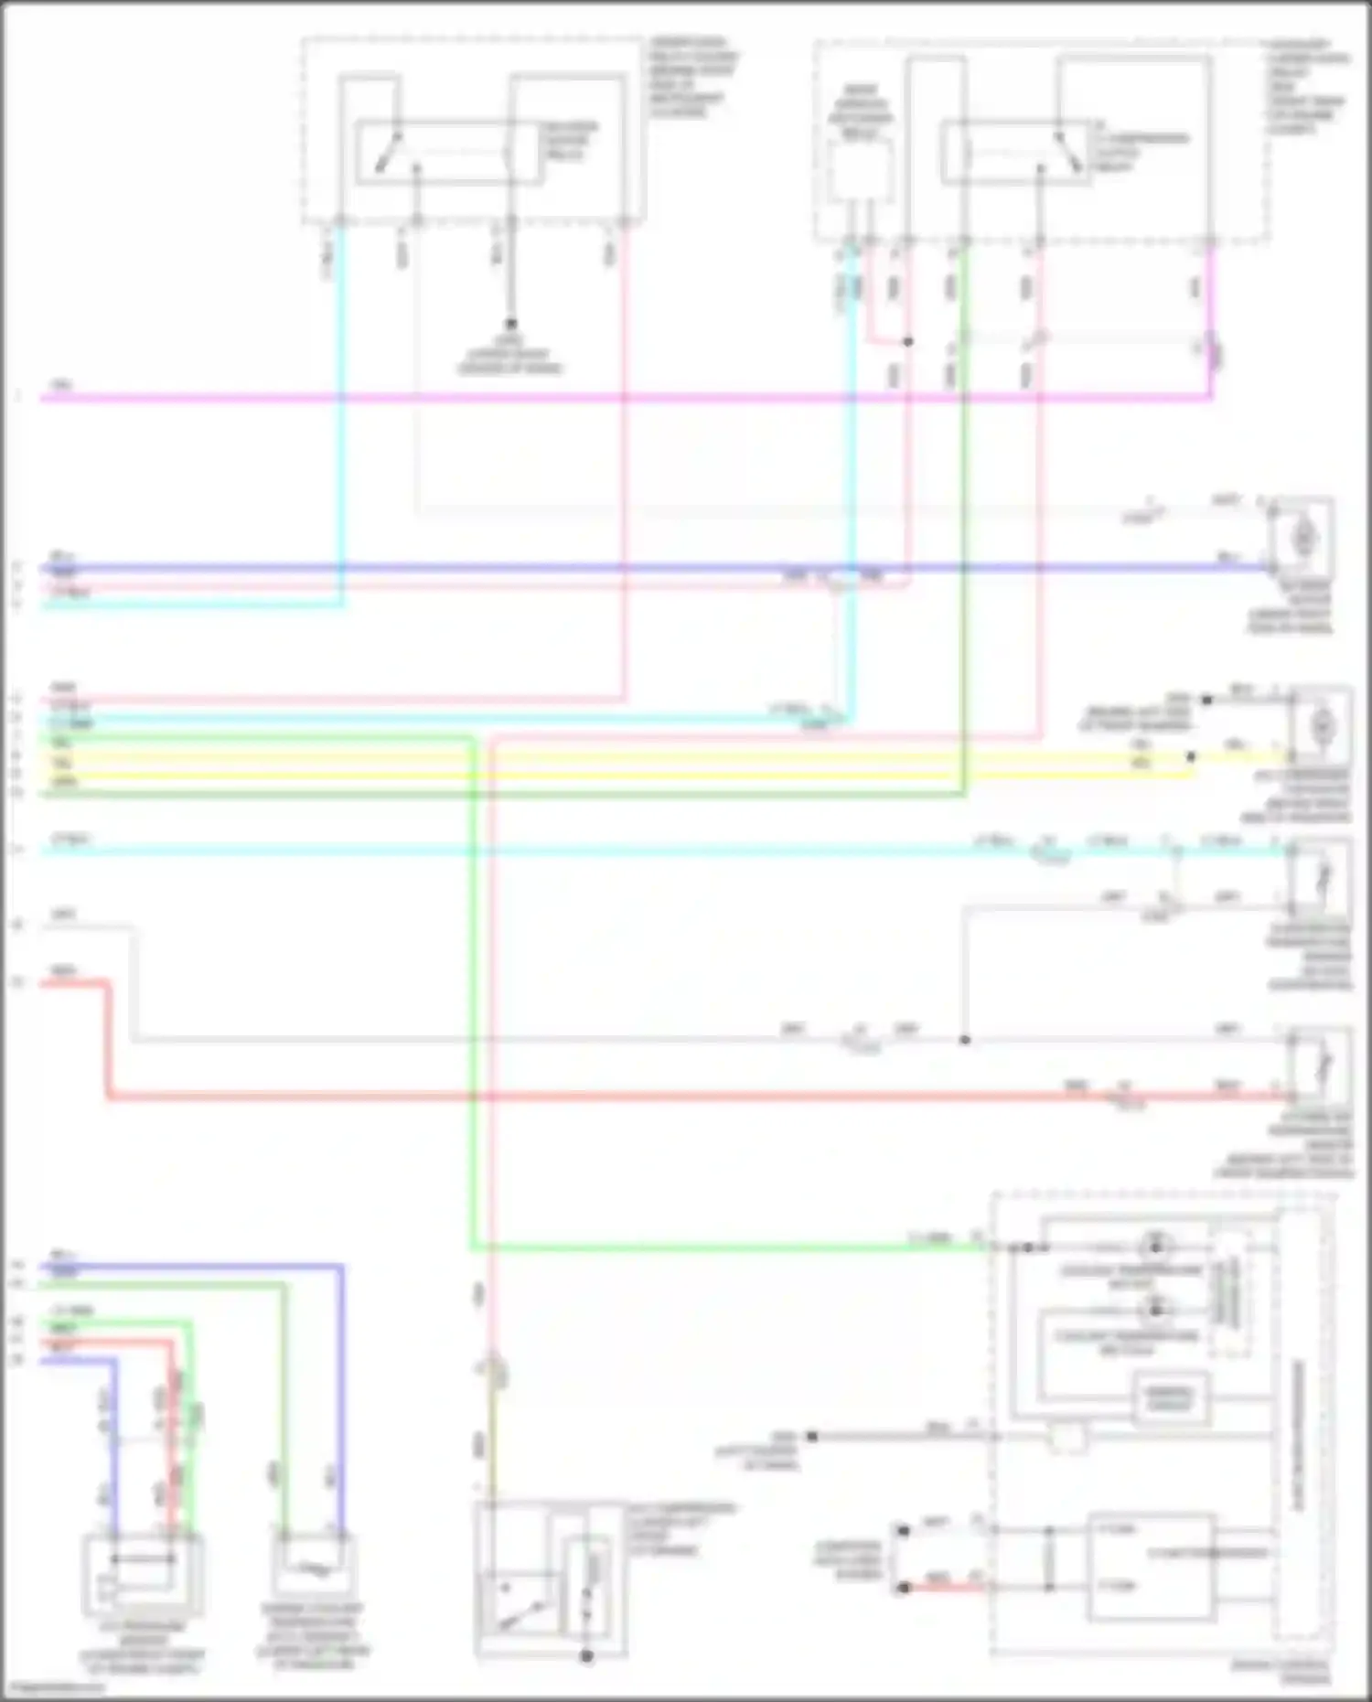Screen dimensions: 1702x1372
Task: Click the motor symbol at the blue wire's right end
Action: (x=1303, y=539)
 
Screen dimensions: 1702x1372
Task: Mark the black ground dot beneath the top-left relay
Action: (x=510, y=324)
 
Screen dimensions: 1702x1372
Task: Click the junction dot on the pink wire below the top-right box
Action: (x=908, y=342)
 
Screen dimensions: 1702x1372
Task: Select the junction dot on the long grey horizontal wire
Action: (x=964, y=1040)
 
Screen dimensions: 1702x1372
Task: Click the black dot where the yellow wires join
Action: (x=1191, y=757)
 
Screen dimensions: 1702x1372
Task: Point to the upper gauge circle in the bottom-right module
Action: (x=1154, y=1246)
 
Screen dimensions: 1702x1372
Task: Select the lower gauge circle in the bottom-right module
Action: (x=1154, y=1309)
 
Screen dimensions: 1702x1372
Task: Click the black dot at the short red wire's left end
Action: (x=904, y=1588)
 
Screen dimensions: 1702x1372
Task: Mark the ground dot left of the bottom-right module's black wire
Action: (x=810, y=1437)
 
